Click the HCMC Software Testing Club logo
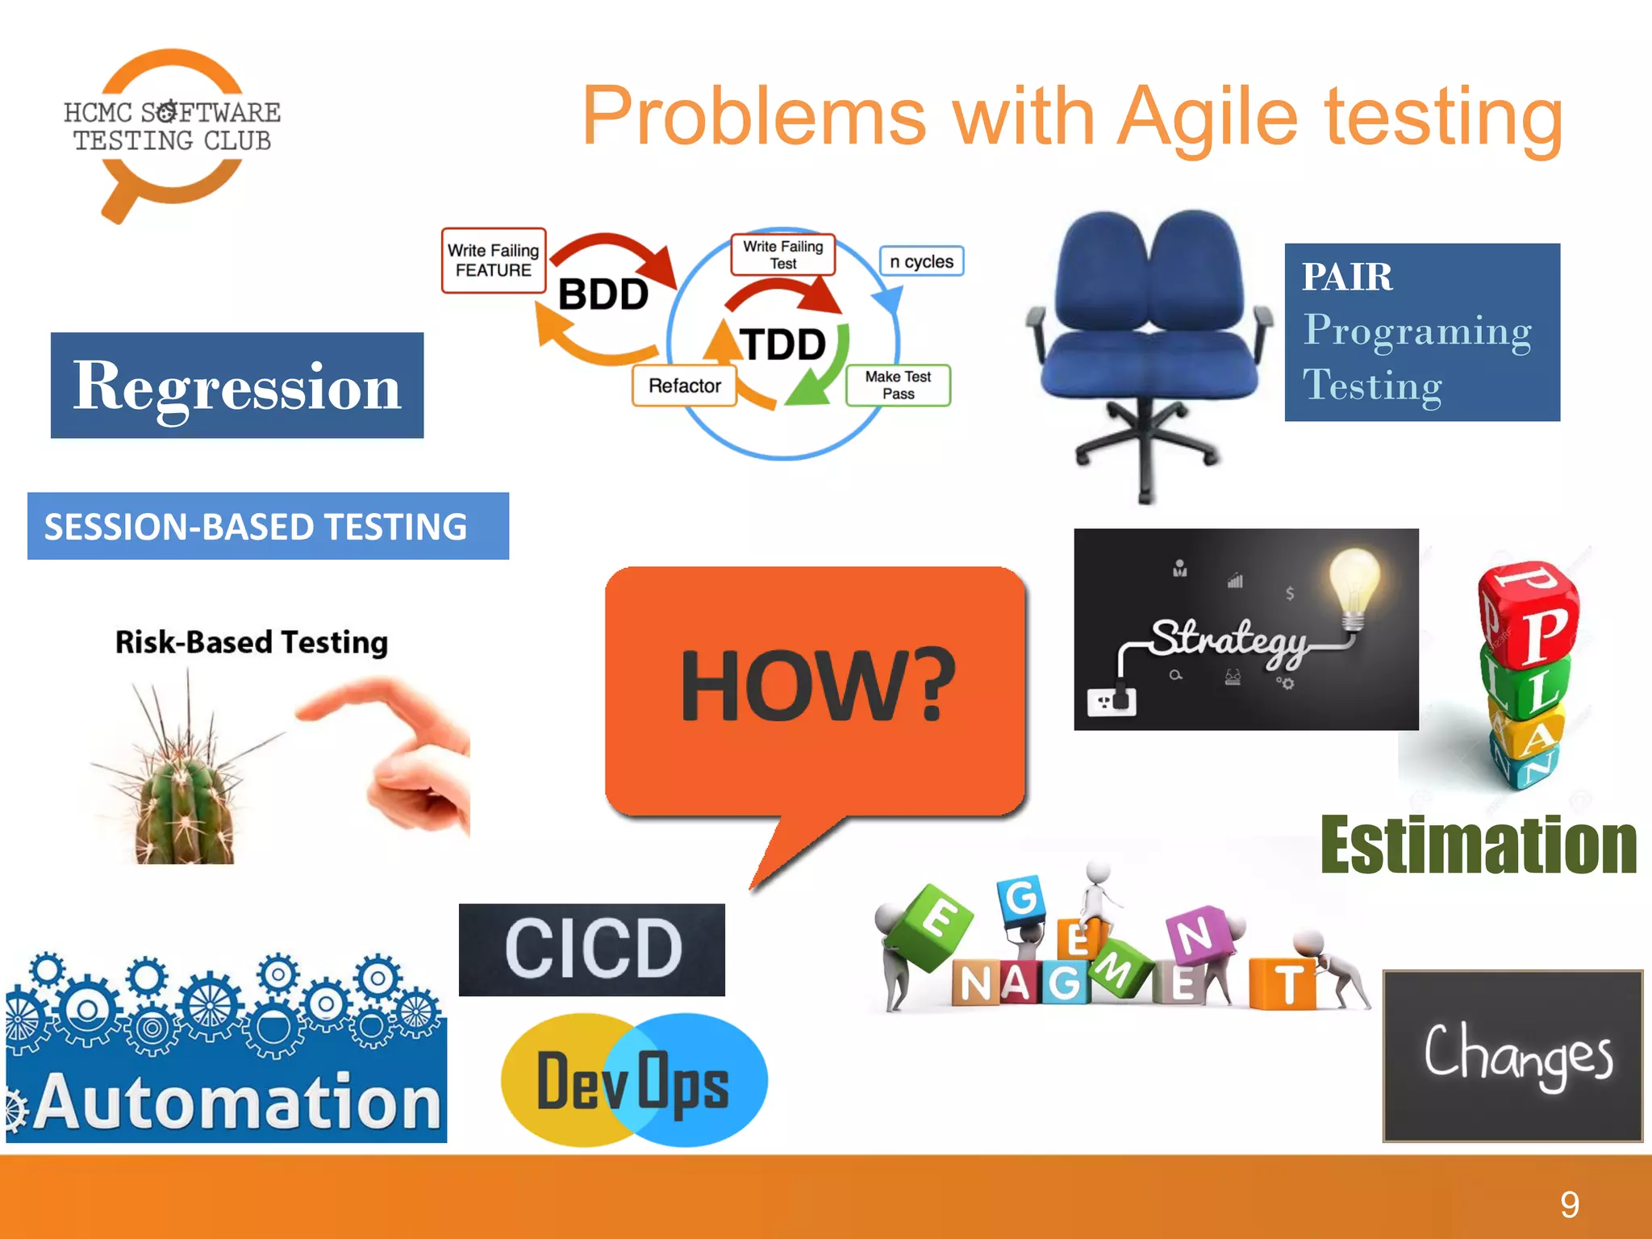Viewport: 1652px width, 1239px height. (172, 129)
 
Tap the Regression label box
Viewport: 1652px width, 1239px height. (236, 386)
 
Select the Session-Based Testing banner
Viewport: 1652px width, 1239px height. (267, 526)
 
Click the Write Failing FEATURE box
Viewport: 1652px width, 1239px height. (493, 261)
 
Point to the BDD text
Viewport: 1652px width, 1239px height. (603, 294)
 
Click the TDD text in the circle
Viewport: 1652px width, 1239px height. (782, 344)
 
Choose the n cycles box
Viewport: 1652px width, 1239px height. (921, 261)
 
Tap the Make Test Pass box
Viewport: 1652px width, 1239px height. (898, 386)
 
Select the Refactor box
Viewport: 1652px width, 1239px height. (684, 386)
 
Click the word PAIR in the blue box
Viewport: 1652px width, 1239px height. (1346, 277)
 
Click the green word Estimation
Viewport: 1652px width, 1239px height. (1478, 845)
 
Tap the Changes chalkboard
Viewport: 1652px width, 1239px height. (1512, 1056)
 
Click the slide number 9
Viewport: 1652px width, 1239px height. (1569, 1205)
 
